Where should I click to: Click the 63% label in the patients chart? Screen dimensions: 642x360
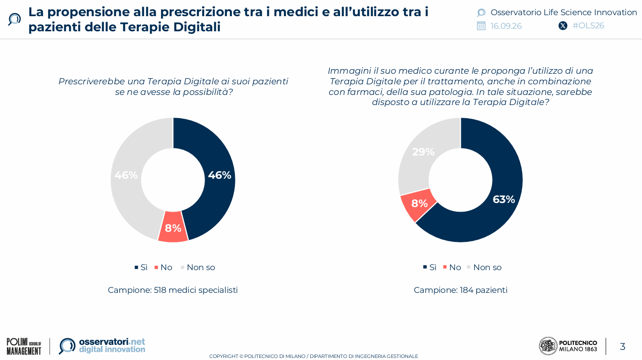tap(504, 199)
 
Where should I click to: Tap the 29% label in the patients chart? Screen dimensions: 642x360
tap(423, 152)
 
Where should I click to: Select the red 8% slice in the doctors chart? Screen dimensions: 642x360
tap(173, 227)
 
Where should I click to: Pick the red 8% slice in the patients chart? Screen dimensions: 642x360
tap(418, 204)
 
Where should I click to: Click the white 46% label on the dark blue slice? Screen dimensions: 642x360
tap(220, 175)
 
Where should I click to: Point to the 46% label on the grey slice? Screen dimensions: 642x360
tap(126, 175)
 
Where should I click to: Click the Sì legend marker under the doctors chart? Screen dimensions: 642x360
tap(136, 268)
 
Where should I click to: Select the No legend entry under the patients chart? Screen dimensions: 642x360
tap(452, 268)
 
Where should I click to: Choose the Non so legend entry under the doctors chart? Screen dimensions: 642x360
tap(198, 268)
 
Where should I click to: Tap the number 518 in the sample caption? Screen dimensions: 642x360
tap(160, 290)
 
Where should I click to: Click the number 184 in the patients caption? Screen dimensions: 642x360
tap(466, 290)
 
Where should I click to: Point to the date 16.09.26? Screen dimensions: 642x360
tap(506, 26)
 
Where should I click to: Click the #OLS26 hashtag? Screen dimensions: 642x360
tap(588, 26)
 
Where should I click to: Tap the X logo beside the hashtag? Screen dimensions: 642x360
tap(563, 26)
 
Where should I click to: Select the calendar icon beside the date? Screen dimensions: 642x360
tap(481, 26)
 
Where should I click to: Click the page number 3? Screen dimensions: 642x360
tap(622, 346)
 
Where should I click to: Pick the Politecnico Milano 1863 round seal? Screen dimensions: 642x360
tap(548, 346)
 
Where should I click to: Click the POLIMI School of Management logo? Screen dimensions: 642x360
tap(24, 346)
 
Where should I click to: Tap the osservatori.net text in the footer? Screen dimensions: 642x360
tap(112, 342)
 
